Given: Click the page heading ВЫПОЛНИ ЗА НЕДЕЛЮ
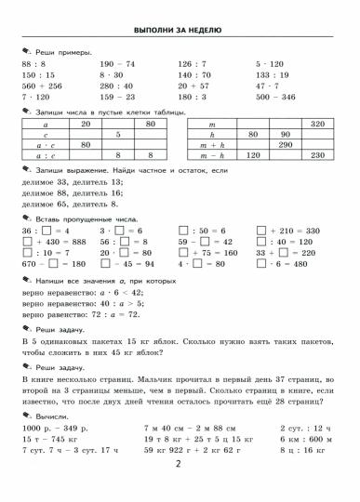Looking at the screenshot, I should (x=179, y=30).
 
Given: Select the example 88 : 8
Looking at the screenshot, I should (x=32, y=63).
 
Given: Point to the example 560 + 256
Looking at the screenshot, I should (x=37, y=84).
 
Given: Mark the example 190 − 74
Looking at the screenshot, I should (x=113, y=63).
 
